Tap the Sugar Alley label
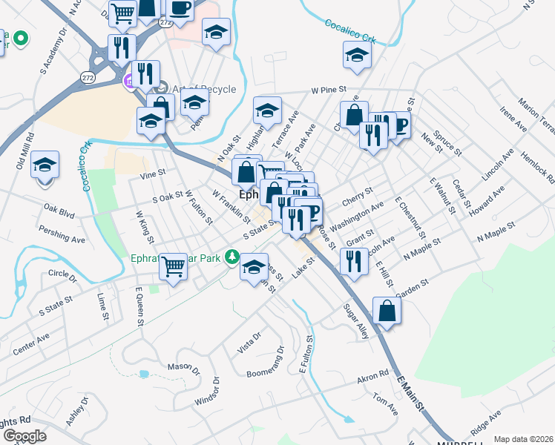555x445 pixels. click(355, 320)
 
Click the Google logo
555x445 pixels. click(24, 436)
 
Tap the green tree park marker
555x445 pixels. click(231, 257)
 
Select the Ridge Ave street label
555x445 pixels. click(486, 426)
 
